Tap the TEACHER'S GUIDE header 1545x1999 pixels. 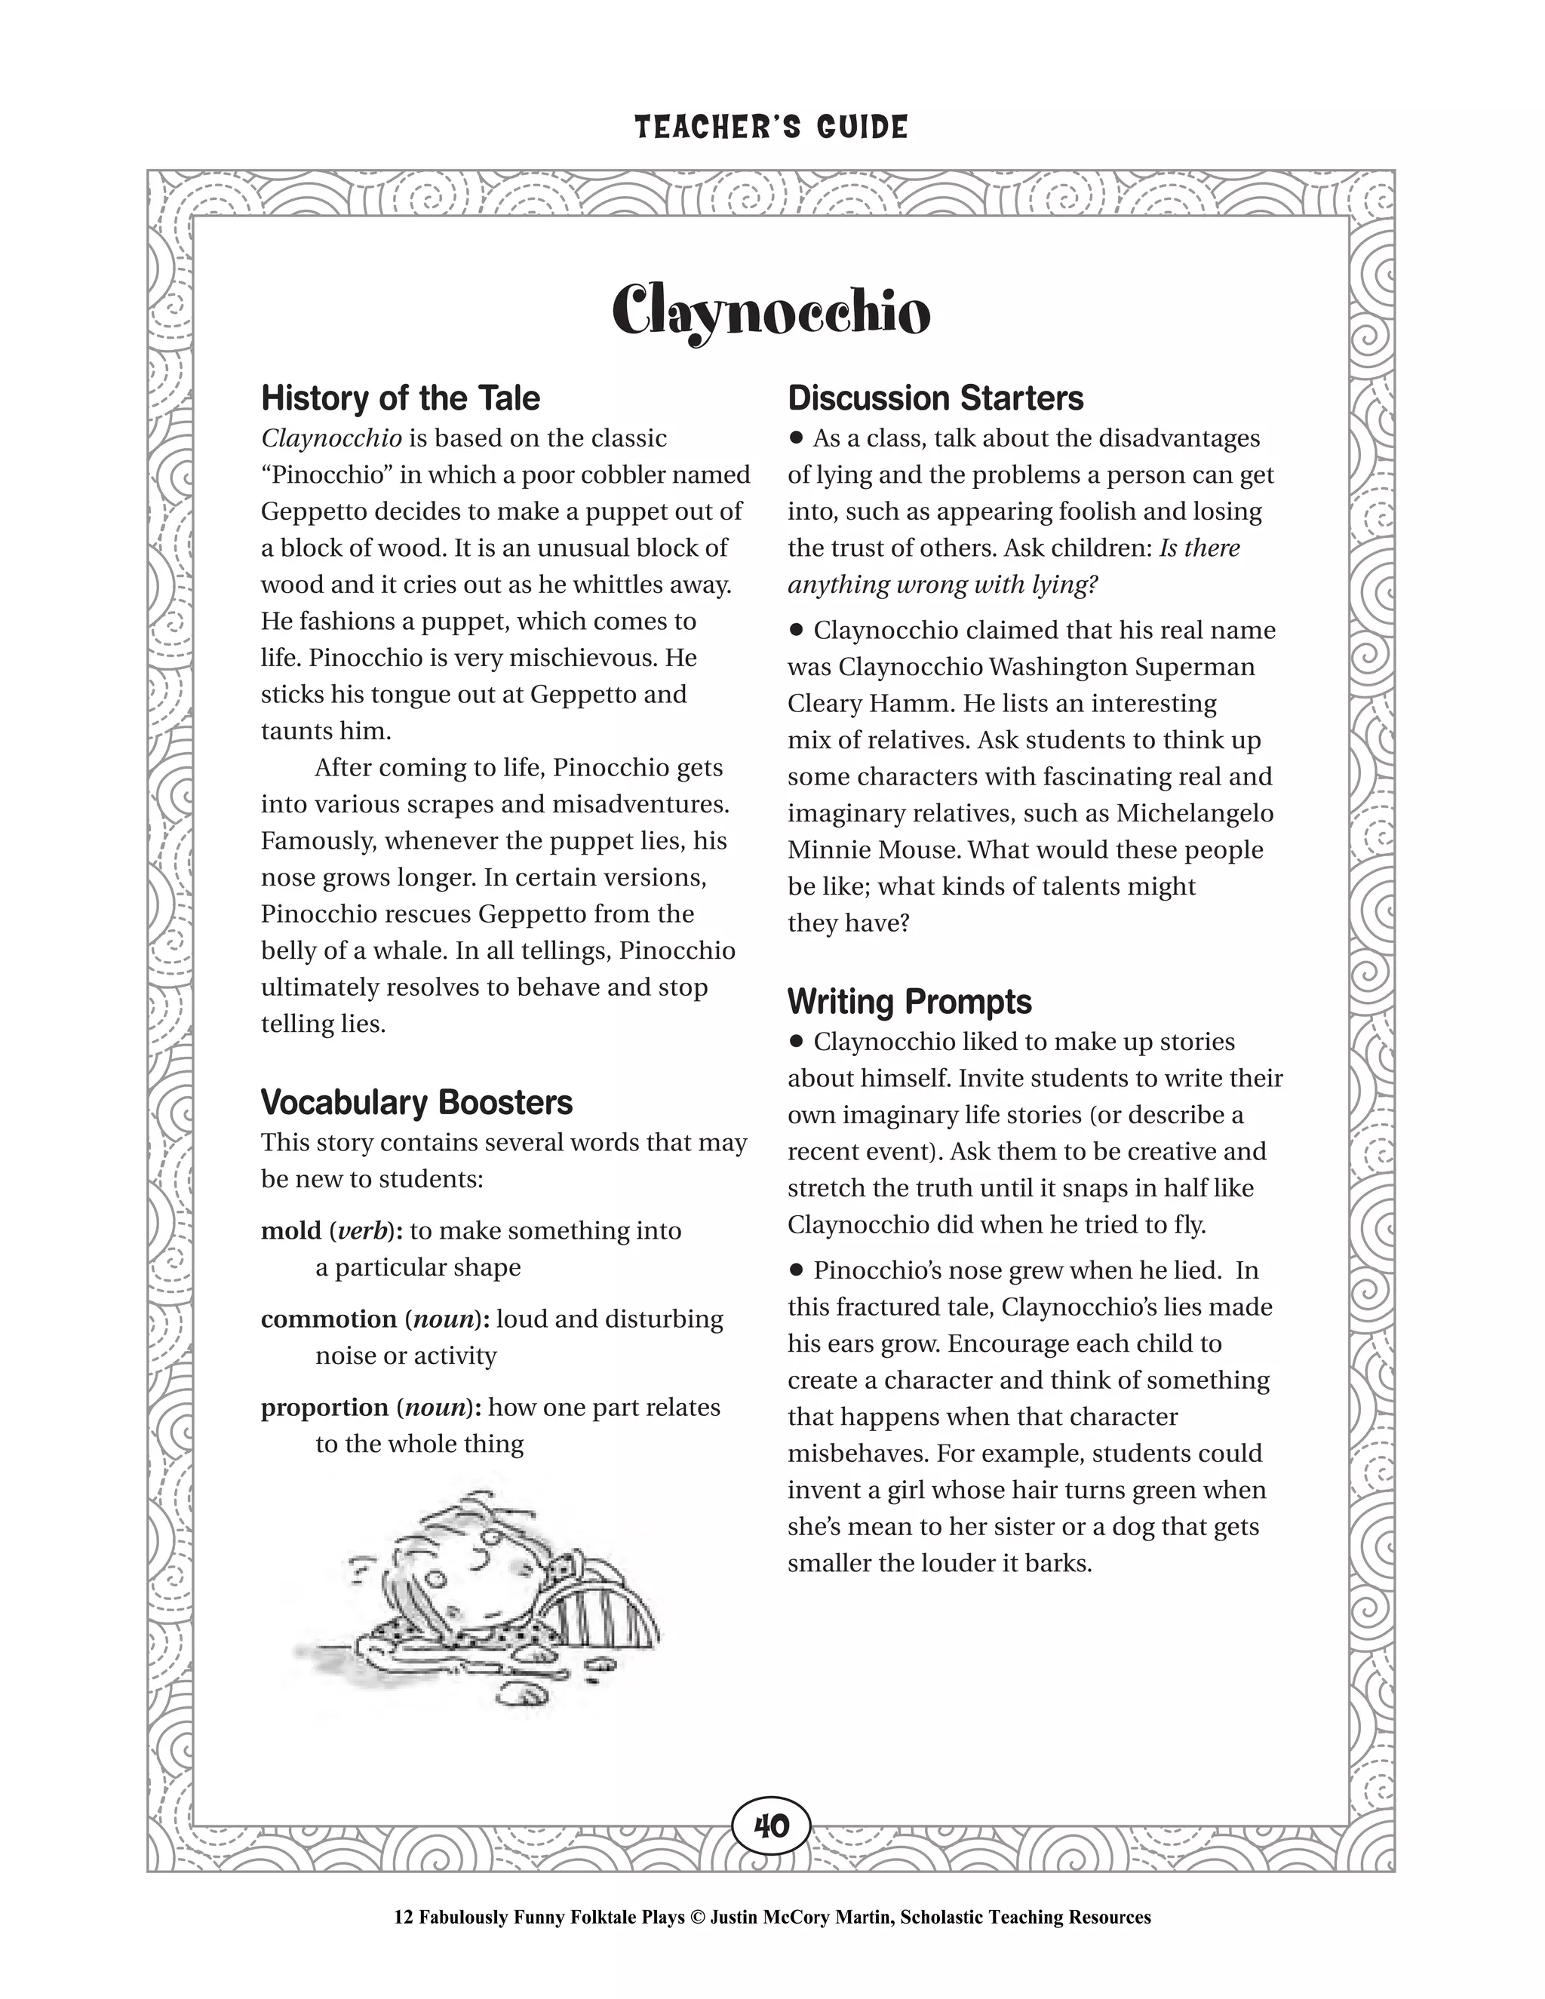tap(771, 127)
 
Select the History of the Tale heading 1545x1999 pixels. tap(400, 398)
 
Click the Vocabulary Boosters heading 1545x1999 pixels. tap(416, 1102)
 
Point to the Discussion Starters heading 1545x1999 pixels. tap(935, 398)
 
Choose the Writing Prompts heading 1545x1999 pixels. tap(909, 1001)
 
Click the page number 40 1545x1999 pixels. tap(771, 1826)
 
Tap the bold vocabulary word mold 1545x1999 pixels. tap(291, 1231)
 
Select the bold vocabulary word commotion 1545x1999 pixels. tap(329, 1319)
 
